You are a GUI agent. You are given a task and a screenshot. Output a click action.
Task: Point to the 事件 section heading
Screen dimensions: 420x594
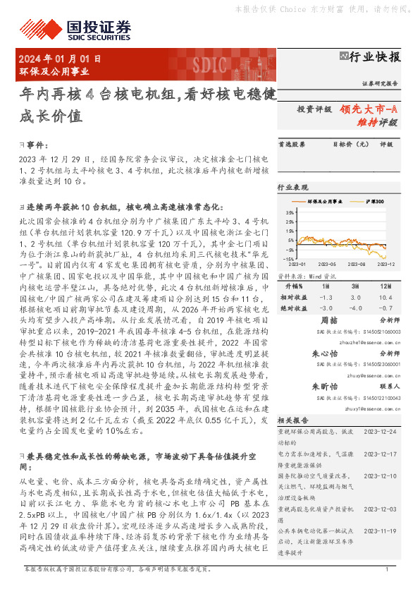[35, 144]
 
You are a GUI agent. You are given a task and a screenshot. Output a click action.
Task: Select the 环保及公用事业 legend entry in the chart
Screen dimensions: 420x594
[323, 202]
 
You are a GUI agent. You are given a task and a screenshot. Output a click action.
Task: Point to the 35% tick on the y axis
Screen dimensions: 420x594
[290, 212]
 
